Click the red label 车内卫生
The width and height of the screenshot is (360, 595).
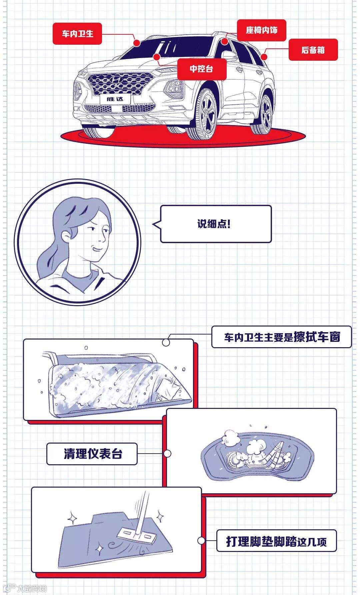point(77,34)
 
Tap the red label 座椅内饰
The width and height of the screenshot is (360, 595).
point(261,30)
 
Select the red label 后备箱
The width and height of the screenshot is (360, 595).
point(313,50)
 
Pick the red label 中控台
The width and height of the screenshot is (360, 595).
point(201,69)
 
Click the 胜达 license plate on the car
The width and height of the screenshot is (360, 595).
point(115,99)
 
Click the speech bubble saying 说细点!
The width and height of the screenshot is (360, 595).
point(216,224)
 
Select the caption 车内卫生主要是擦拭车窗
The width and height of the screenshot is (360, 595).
point(281,337)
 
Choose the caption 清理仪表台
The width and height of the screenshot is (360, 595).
point(92,454)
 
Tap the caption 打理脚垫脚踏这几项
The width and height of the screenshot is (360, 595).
point(276,541)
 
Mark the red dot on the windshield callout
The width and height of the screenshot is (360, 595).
point(137,43)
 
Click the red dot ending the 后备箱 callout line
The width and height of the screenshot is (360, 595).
point(264,57)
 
